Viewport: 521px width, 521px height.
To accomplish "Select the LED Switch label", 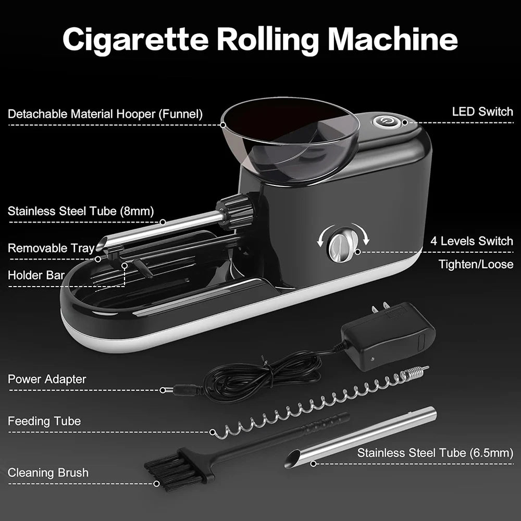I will point(482,111).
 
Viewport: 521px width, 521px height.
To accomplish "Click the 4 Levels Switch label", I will point(472,241).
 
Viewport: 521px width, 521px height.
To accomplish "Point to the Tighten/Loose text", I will point(475,264).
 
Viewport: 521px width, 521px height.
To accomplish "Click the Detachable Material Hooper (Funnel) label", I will point(105,114).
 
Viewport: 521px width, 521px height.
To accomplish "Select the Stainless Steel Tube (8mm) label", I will point(84,211).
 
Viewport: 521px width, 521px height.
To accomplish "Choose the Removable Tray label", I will point(51,248).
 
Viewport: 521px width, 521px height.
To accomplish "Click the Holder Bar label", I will point(36,275).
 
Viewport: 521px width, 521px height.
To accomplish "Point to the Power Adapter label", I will point(47,379).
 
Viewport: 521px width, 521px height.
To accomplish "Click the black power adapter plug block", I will point(388,336).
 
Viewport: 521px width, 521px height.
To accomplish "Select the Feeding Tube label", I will point(44,420).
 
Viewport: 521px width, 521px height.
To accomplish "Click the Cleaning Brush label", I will point(48,473).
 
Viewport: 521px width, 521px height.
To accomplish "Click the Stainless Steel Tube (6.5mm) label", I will point(435,453).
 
